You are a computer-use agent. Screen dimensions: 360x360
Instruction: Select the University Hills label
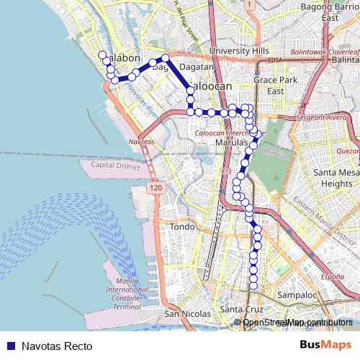tap(238, 51)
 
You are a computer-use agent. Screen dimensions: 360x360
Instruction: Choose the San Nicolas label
tap(187, 314)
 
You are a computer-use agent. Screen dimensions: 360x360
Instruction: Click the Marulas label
tap(231, 143)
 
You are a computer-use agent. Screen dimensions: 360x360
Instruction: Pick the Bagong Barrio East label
tap(331, 11)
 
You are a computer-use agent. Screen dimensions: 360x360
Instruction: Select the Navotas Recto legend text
tap(57, 346)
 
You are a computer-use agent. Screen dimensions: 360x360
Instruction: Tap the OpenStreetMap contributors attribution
tap(297, 322)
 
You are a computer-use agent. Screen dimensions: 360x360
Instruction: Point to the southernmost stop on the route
tap(253, 287)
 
